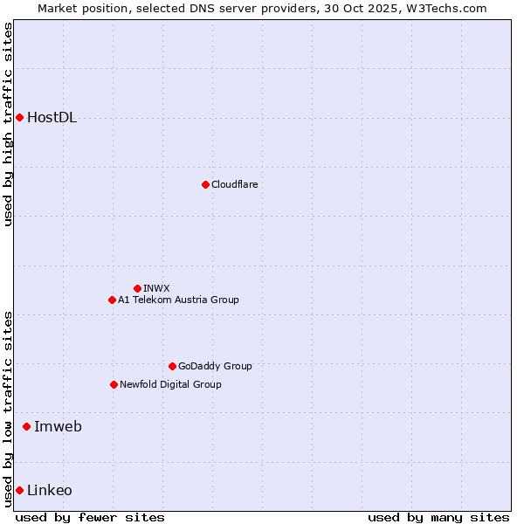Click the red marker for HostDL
tap(19, 117)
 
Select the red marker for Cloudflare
tap(205, 184)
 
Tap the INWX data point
tap(137, 288)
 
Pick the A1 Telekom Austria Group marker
tap(112, 300)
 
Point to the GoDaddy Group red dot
tap(172, 366)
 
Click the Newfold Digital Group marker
tap(114, 384)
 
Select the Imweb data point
tap(26, 426)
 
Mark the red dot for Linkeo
tap(19, 490)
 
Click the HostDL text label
tap(52, 118)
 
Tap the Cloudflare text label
tap(234, 184)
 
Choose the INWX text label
tap(156, 288)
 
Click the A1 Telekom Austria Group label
tap(178, 300)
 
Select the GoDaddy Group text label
tap(215, 366)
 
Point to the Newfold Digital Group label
tap(170, 384)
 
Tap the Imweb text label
tap(58, 426)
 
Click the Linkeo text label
tap(50, 490)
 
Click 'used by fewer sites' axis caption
tap(90, 517)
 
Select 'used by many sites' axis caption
tap(438, 517)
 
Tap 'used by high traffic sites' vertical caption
tap(8, 124)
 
